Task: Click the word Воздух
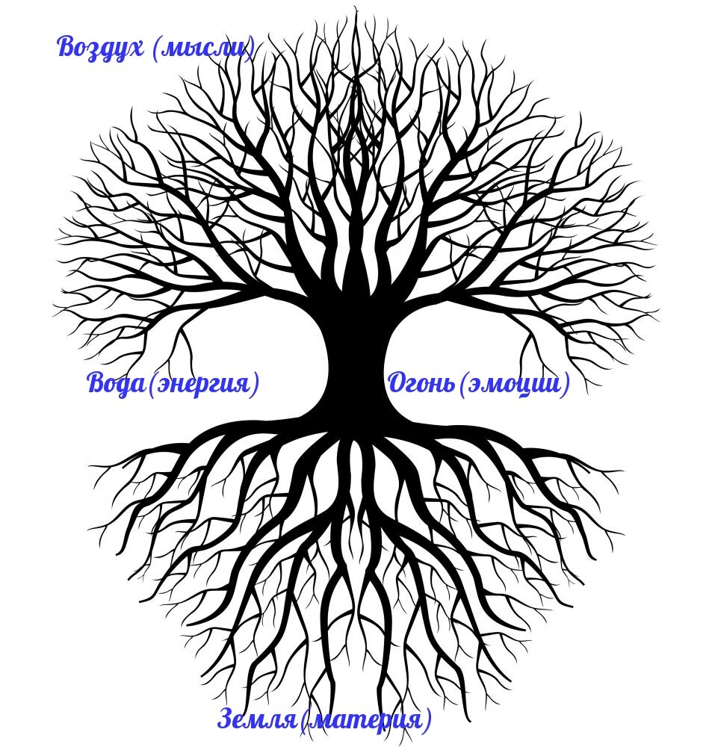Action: coord(100,47)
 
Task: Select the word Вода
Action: coord(115,384)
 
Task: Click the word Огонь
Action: coord(421,385)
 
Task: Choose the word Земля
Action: coord(257,719)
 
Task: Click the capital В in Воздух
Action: coord(68,46)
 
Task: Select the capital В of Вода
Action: coord(97,384)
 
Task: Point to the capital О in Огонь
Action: coord(397,384)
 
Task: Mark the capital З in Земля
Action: coord(226,719)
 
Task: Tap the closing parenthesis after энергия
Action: coord(256,385)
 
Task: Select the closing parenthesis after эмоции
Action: coord(566,385)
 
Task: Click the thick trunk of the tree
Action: coord(356,359)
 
